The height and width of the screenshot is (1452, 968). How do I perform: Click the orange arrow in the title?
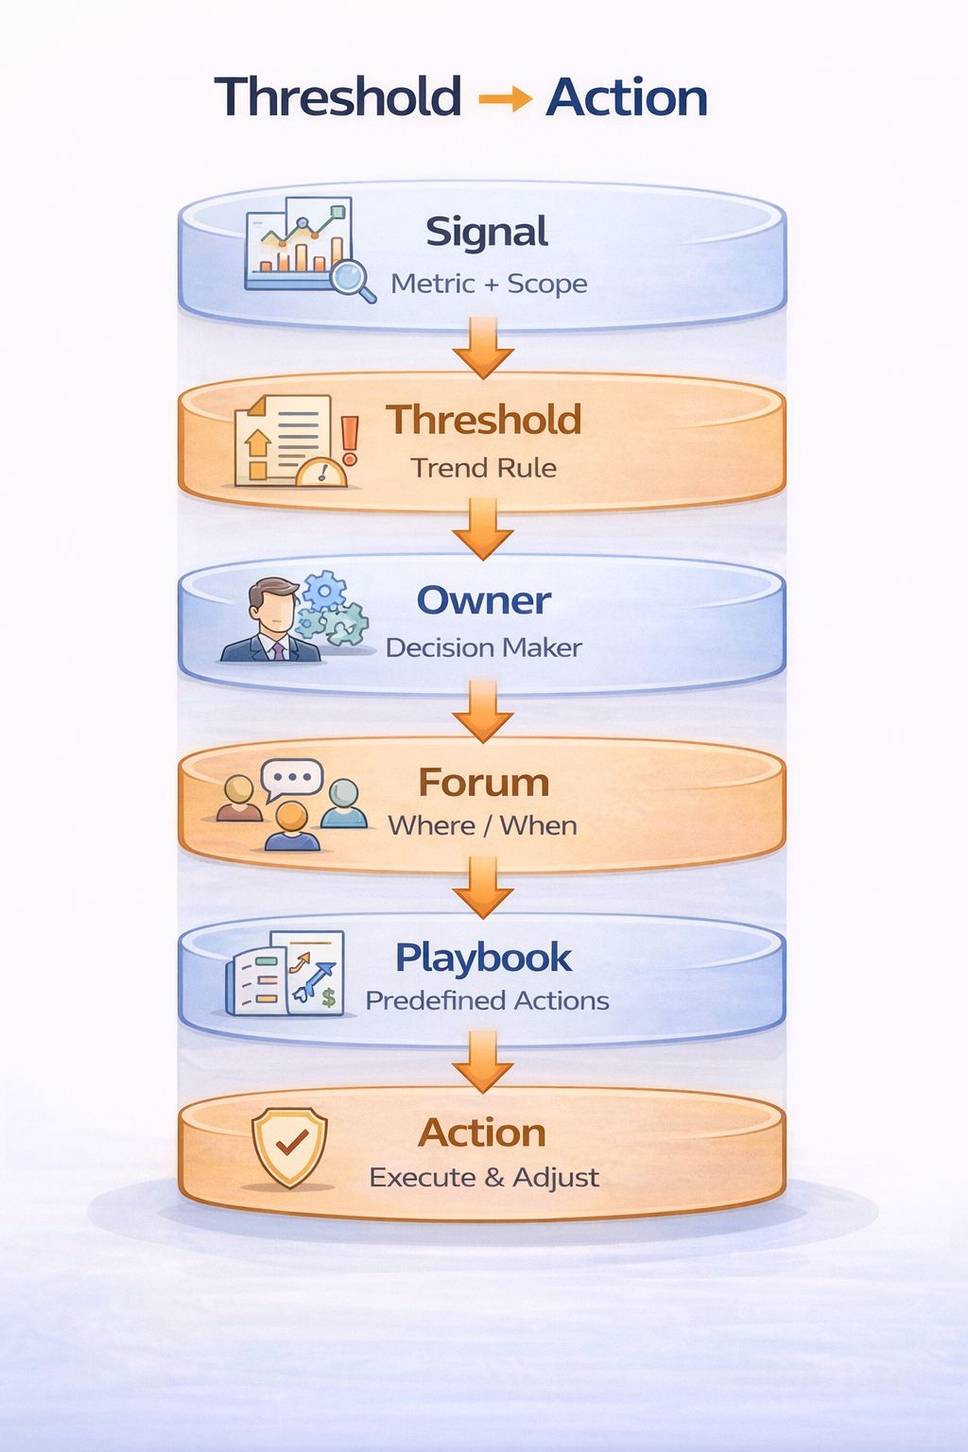coord(505,98)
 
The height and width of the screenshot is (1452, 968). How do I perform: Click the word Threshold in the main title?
coord(337,97)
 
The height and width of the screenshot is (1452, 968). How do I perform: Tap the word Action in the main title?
coord(627,97)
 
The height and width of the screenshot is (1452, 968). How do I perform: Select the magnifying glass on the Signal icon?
coord(352,279)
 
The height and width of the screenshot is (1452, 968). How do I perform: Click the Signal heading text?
coord(486,233)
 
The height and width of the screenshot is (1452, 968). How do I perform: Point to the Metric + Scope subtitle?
coord(489,284)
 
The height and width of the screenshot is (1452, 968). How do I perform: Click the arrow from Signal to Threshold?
coord(483,348)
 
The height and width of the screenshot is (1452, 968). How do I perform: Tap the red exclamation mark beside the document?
coord(350,440)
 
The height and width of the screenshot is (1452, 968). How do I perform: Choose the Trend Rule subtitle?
coord(483,468)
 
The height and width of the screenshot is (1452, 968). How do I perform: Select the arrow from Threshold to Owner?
coord(483,529)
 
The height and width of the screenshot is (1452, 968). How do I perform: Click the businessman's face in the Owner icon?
coord(272,609)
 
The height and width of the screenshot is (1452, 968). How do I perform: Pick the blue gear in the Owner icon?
coord(324,592)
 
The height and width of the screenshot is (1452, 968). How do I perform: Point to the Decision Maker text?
coord(483,648)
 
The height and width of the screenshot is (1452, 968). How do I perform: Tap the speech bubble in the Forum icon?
coord(292,779)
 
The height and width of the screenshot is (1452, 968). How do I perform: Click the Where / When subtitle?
coord(482,825)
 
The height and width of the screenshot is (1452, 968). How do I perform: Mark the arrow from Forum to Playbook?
coord(483,889)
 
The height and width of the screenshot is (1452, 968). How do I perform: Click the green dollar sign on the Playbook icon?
coord(328,997)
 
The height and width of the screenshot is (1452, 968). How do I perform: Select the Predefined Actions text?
coord(487,1000)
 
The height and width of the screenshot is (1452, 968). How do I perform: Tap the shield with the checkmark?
coord(289,1146)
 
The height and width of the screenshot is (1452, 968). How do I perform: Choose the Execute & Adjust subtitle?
coord(484,1178)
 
